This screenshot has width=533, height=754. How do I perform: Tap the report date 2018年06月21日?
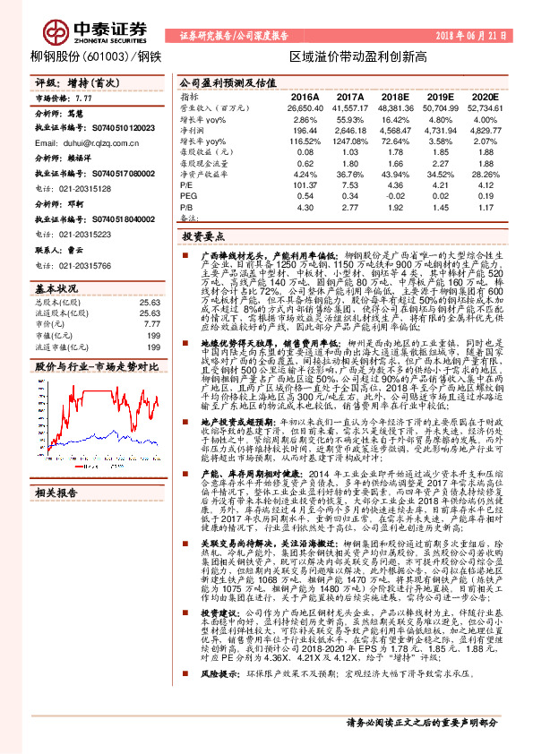pos(476,36)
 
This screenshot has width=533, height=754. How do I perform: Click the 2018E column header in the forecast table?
pos(395,96)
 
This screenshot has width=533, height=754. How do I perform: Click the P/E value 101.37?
pos(306,186)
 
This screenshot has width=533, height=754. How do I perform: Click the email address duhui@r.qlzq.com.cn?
pos(85,142)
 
